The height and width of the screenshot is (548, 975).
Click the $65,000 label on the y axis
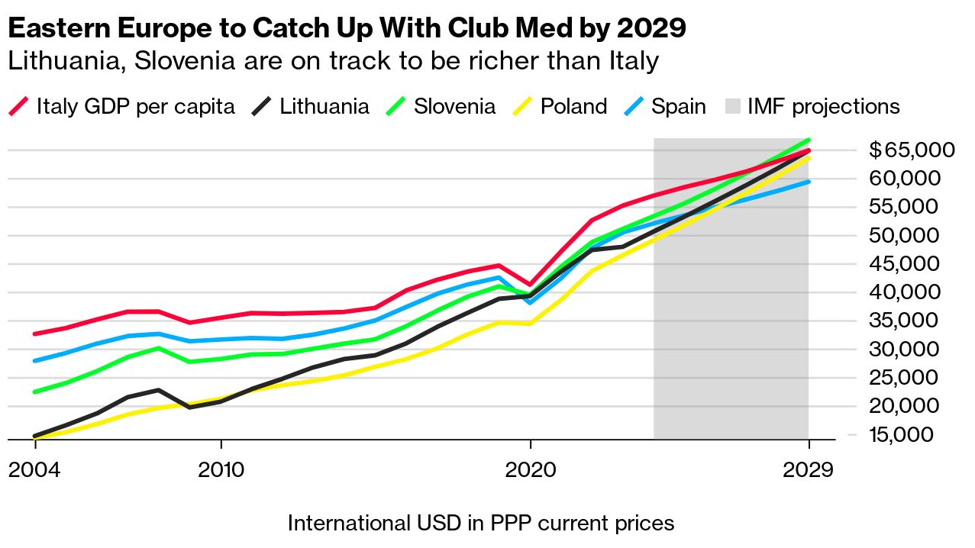tap(912, 150)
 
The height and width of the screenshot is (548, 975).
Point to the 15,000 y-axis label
tap(915, 434)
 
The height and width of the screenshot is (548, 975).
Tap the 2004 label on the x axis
tap(34, 469)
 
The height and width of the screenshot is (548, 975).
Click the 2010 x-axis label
tap(221, 469)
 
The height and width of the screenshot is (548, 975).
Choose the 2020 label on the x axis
tap(530, 469)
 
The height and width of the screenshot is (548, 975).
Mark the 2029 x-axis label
tap(809, 469)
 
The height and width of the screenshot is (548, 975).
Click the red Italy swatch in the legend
tap(18, 107)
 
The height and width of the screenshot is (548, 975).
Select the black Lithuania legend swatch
tap(261, 107)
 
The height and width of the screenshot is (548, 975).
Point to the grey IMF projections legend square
tap(731, 107)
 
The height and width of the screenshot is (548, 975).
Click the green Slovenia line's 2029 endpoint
tap(808, 140)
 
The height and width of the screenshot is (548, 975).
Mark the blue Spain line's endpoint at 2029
tap(808, 182)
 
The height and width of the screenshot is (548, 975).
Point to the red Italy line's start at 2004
tap(34, 334)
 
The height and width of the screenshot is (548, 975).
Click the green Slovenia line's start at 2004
tap(34, 392)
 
